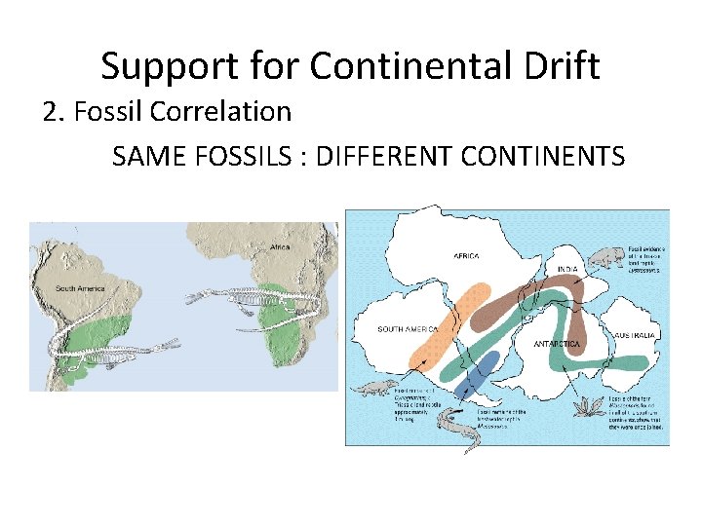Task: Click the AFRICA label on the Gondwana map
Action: tap(466, 255)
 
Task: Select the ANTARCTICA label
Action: tap(559, 345)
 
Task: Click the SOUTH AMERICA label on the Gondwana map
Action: tap(408, 329)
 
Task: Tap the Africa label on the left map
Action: tap(280, 247)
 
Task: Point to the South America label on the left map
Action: tap(79, 287)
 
